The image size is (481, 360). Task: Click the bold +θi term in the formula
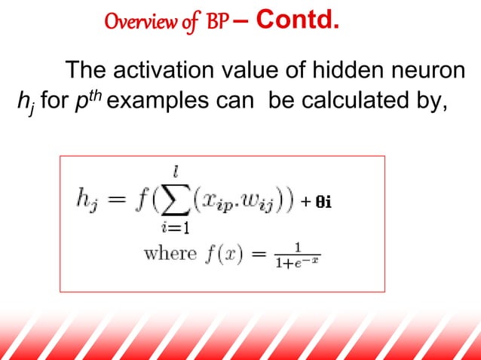coord(317,201)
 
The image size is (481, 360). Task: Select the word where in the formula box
coord(170,254)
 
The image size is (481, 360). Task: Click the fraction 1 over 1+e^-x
coord(298,255)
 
